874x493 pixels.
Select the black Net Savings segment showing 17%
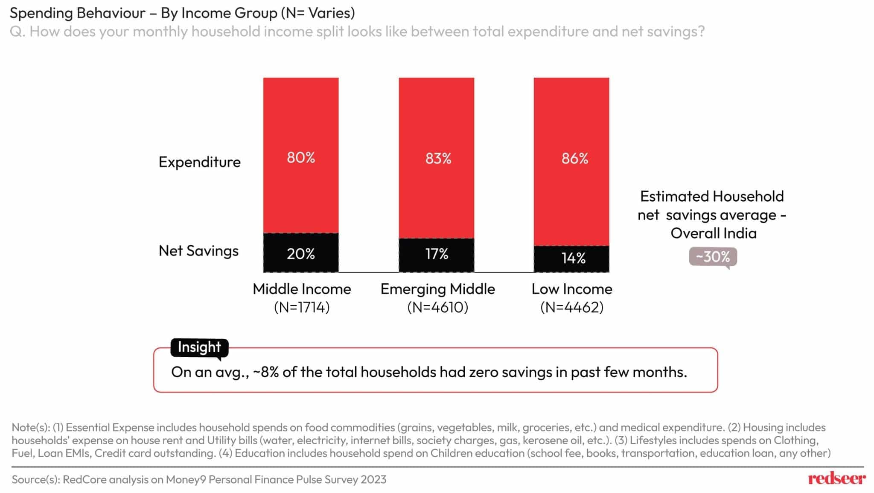437,255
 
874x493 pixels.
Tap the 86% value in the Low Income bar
574,159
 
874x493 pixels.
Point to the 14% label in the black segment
573,258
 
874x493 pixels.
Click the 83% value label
438,159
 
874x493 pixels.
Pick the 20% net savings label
300,254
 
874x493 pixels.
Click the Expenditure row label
199,162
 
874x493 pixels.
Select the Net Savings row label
198,251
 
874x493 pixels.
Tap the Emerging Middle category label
437,289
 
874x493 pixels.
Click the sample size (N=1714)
302,308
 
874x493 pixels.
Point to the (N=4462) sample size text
572,308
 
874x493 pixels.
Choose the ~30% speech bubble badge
713,257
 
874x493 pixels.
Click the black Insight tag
199,347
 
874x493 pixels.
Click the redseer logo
836,479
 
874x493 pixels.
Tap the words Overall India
713,233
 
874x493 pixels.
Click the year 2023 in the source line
373,480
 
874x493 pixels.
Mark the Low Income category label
572,289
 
